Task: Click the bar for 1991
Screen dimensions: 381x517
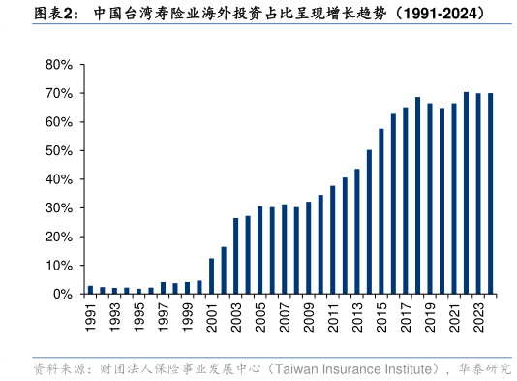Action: point(90,289)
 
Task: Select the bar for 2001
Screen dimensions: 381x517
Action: point(211,275)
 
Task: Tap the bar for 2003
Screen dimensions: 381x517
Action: point(235,256)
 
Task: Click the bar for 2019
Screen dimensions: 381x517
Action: point(430,198)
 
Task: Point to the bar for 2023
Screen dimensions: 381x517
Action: point(478,193)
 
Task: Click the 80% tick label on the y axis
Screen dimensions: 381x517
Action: point(59,65)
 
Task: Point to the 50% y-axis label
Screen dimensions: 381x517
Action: point(59,151)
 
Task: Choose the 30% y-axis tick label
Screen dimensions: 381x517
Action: point(59,208)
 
